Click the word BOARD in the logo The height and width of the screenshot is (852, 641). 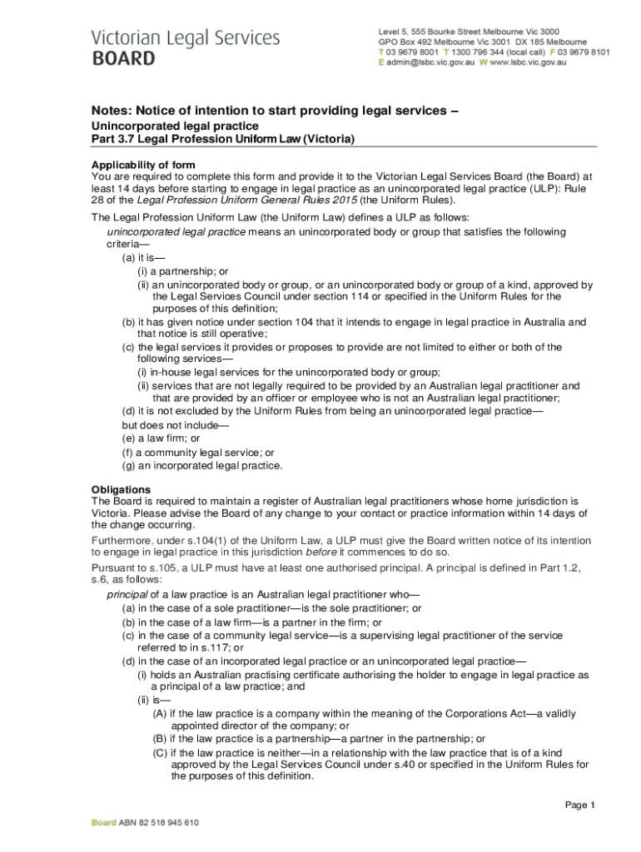tap(123, 59)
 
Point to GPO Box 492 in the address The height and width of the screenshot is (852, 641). tap(410, 42)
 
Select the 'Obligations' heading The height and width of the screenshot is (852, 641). tap(121, 489)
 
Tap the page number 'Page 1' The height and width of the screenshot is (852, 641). tap(580, 805)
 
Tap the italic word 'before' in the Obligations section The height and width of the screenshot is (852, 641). tap(321, 552)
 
